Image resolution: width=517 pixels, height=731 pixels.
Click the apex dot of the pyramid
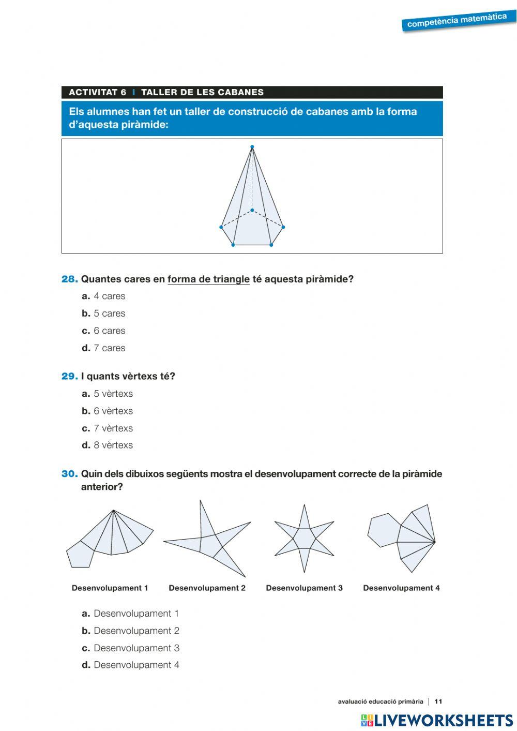[252, 147]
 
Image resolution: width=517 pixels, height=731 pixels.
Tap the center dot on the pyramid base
[252, 210]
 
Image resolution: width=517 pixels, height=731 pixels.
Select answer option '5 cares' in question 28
[109, 314]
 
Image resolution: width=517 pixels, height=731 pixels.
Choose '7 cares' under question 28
[109, 348]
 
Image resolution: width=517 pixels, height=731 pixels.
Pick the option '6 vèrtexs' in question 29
[113, 411]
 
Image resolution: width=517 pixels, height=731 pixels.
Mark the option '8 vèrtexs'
[113, 445]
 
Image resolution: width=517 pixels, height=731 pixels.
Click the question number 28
[69, 279]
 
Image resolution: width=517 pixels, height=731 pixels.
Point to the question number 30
[69, 474]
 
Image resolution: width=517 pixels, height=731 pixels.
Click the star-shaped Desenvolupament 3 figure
[304, 539]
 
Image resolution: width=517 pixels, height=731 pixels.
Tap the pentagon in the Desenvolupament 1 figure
[80, 554]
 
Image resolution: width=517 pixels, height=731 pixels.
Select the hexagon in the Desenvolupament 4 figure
[383, 530]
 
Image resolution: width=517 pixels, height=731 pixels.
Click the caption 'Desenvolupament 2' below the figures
[207, 588]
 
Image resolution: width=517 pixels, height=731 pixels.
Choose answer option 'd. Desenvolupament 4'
[136, 665]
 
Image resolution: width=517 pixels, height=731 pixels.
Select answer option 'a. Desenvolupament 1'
[136, 614]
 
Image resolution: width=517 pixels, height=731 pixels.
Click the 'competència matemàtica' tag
[457, 21]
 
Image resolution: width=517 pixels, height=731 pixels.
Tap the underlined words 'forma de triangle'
[208, 279]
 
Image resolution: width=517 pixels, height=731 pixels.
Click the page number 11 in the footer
[438, 702]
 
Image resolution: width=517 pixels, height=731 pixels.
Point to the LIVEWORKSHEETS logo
[437, 720]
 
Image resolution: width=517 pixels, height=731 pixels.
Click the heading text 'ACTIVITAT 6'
[97, 93]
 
